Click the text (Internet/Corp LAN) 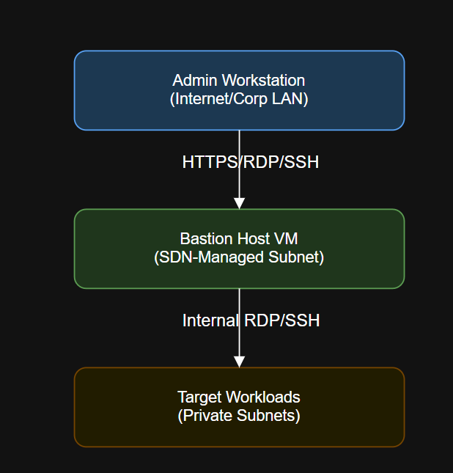(239, 99)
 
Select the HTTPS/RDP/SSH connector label (251, 162)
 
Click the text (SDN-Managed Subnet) (239, 257)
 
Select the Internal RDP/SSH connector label (251, 320)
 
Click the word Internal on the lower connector (210, 320)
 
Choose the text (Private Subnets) (239, 416)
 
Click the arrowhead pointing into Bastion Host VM (239, 203)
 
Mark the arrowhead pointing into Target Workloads (239, 361)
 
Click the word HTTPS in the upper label (209, 162)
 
